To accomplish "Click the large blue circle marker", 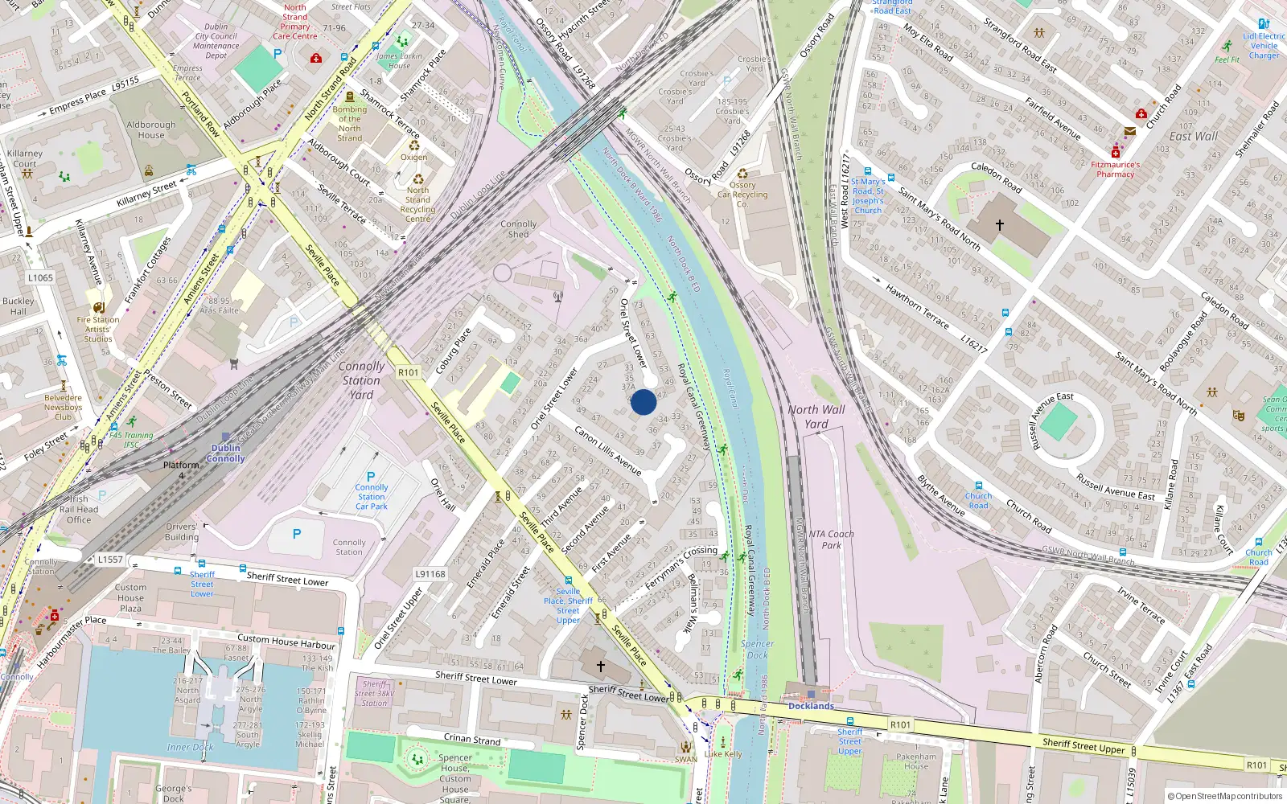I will click(x=643, y=402).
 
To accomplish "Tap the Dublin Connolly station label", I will click(x=226, y=453).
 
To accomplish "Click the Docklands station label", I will click(x=811, y=706).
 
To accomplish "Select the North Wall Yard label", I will click(x=816, y=416).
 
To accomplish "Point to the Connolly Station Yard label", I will click(x=361, y=380).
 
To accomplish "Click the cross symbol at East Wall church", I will click(x=1000, y=225).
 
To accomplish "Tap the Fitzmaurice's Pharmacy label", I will click(x=1115, y=169).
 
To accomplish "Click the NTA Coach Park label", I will click(x=832, y=539).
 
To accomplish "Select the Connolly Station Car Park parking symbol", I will click(x=371, y=477).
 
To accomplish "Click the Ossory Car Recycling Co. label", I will click(x=742, y=194).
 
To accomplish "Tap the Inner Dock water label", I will click(x=191, y=747).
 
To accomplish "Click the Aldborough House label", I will click(x=151, y=129).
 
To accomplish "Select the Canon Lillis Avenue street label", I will click(x=607, y=450).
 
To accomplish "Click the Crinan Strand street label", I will click(x=472, y=739).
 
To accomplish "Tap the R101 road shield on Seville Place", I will click(x=409, y=372).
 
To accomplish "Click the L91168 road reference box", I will click(x=430, y=574).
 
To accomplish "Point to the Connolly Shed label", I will click(x=518, y=229).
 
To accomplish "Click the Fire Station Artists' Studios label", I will click(x=98, y=329).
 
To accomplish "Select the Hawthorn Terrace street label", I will click(x=917, y=306).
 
